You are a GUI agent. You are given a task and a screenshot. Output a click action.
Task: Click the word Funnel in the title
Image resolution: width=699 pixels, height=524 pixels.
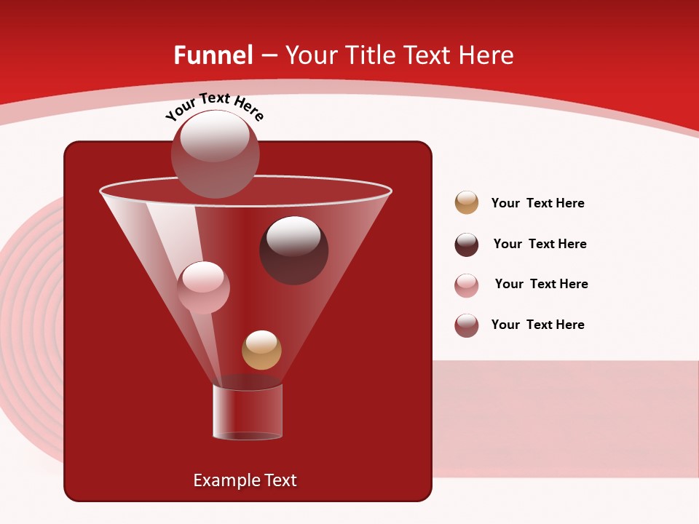pyautogui.click(x=213, y=55)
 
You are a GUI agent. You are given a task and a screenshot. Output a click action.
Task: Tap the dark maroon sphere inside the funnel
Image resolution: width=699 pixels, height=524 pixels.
pyautogui.click(x=293, y=250)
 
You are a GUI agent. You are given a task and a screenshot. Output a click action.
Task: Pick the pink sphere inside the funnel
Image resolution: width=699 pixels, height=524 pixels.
pyautogui.click(x=203, y=287)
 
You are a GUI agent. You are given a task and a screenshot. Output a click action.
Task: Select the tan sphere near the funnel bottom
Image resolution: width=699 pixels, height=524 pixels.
pyautogui.click(x=261, y=350)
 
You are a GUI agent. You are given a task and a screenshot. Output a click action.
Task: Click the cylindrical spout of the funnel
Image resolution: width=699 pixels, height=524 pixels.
pyautogui.click(x=247, y=412)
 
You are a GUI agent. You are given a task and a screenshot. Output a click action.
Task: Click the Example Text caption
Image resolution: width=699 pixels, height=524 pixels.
pyautogui.click(x=245, y=480)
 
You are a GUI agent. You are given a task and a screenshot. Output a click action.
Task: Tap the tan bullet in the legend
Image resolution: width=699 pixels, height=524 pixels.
pyautogui.click(x=467, y=203)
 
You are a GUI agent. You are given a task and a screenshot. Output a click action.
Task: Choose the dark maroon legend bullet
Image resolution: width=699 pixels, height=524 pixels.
pyautogui.click(x=467, y=245)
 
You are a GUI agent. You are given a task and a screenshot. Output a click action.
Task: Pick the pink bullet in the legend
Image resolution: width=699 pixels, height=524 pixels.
pyautogui.click(x=467, y=285)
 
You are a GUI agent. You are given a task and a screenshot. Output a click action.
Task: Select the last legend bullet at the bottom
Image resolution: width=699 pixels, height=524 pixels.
pyautogui.click(x=467, y=325)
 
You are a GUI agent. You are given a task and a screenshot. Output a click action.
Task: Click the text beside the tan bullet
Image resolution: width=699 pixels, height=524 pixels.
pyautogui.click(x=537, y=203)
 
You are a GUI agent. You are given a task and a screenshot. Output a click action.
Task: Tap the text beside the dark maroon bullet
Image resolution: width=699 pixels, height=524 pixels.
pyautogui.click(x=540, y=244)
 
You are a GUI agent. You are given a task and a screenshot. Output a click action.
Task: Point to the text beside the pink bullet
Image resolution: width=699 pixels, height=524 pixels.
pyautogui.click(x=541, y=284)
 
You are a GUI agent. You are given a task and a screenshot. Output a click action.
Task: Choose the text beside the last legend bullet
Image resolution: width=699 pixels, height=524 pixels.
pyautogui.click(x=537, y=325)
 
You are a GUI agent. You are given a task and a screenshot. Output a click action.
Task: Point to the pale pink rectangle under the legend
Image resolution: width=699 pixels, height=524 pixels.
pyautogui.click(x=565, y=418)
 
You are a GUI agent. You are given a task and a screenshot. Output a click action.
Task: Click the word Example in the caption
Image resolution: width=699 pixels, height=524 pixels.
pyautogui.click(x=223, y=480)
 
